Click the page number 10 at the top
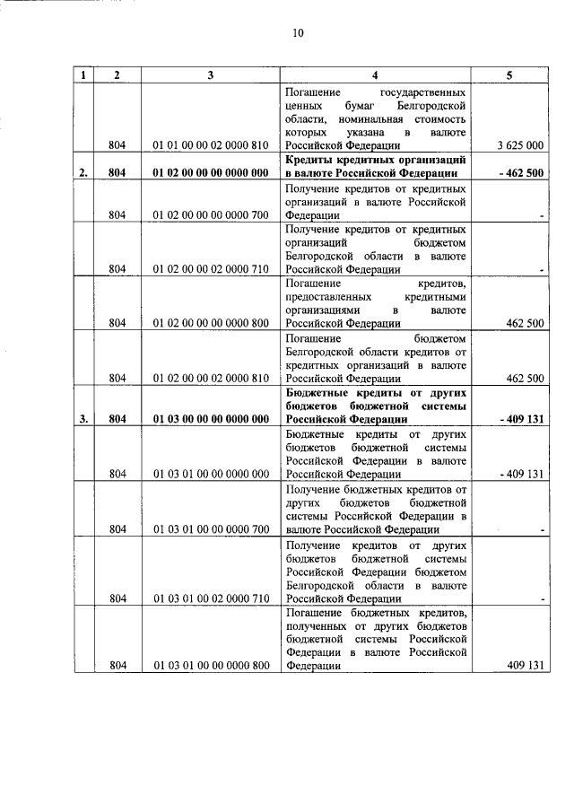click(x=298, y=34)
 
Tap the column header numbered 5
click(x=509, y=76)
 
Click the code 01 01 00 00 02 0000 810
click(x=211, y=144)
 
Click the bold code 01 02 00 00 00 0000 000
click(x=211, y=173)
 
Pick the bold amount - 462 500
click(x=517, y=173)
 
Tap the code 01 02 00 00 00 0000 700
click(x=211, y=215)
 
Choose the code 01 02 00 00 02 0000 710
click(x=211, y=269)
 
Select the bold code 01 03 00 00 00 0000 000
click(x=211, y=419)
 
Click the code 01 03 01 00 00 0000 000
click(x=211, y=474)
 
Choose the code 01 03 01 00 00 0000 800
click(x=211, y=666)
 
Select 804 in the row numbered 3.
click(x=117, y=419)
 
